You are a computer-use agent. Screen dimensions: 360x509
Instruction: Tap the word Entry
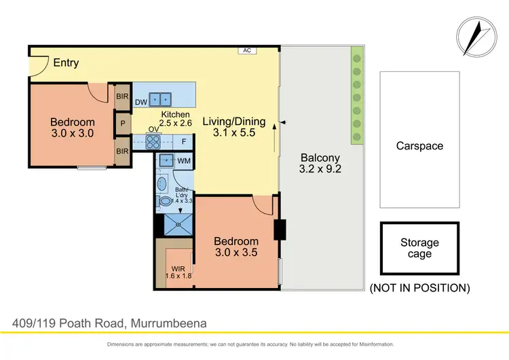66,62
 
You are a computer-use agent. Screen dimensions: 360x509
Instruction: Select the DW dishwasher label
141,103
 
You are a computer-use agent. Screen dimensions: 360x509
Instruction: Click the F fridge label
184,142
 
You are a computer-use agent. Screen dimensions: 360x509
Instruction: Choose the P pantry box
123,124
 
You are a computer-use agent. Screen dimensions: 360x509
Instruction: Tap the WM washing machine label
183,161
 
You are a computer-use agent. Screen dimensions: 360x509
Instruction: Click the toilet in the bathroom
164,202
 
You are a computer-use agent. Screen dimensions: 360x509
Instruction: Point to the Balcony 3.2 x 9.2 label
320,164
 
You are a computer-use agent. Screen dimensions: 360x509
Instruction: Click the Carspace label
419,145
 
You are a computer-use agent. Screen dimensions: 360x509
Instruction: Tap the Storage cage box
419,249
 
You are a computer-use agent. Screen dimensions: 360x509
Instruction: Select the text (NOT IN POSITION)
419,287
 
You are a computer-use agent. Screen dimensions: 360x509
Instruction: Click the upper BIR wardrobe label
123,97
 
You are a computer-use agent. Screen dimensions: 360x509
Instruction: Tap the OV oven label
153,129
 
